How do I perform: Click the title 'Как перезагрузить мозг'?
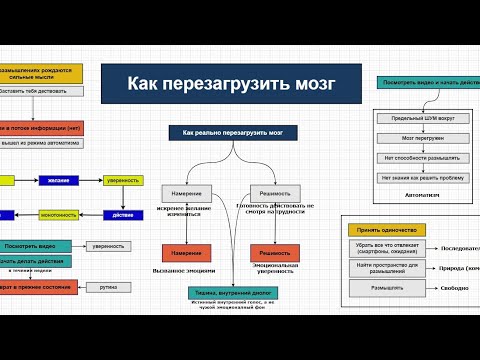click(232, 84)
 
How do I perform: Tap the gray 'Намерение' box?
click(185, 192)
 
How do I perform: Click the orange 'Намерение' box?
click(185, 254)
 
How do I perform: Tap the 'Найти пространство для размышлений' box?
click(386, 267)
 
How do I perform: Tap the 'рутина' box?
click(108, 286)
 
